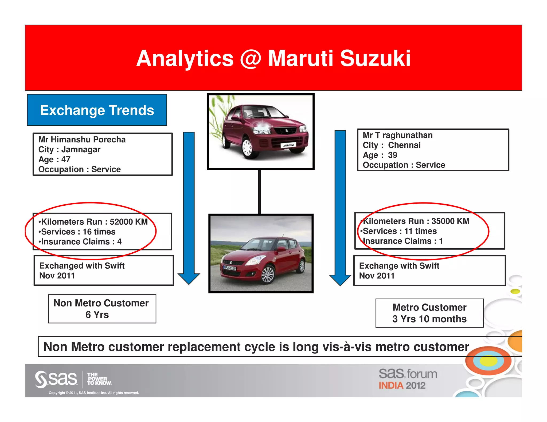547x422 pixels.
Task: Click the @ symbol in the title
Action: (x=250, y=59)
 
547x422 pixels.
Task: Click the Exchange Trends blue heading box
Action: (x=97, y=110)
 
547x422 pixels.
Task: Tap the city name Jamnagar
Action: (x=81, y=150)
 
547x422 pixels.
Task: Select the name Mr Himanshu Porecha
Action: (x=82, y=140)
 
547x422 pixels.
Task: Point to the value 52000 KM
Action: (x=128, y=222)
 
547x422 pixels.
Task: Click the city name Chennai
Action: (x=404, y=145)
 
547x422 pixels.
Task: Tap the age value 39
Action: (x=392, y=155)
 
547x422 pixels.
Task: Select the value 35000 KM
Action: (x=450, y=221)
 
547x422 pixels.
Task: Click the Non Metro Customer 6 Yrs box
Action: (x=102, y=309)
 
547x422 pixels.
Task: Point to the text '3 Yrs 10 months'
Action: (x=429, y=319)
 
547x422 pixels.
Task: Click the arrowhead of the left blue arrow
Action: (x=189, y=278)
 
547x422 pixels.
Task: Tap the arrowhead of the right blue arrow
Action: (x=340, y=280)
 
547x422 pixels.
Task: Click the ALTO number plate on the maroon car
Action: (x=288, y=145)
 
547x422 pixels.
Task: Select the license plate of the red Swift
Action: (x=230, y=268)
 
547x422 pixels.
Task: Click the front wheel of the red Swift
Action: (x=267, y=275)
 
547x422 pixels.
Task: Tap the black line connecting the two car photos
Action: (x=259, y=192)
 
